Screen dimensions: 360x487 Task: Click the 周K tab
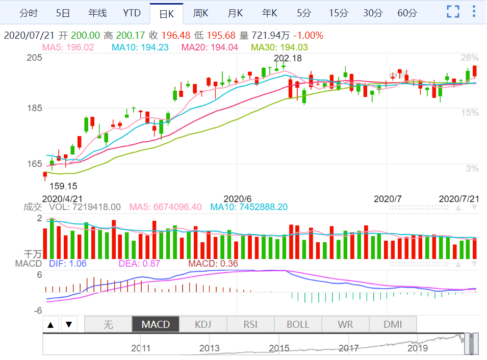(x=200, y=13)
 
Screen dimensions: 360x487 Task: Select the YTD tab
(x=132, y=13)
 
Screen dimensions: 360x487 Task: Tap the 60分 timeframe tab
(x=407, y=13)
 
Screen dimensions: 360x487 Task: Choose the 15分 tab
(x=338, y=13)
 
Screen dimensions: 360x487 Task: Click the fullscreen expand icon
(x=453, y=12)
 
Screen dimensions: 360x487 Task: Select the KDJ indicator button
(x=203, y=324)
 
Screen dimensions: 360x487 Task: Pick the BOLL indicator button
(x=298, y=324)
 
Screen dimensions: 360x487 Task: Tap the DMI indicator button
(x=393, y=324)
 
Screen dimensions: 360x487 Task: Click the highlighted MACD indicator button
(x=156, y=324)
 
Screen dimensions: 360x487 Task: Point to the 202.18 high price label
(x=288, y=58)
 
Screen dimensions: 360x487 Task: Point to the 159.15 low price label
(x=63, y=186)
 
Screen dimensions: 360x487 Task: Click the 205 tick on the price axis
(x=34, y=58)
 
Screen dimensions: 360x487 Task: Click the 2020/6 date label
(x=238, y=198)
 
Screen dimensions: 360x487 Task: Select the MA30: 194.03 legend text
(x=279, y=47)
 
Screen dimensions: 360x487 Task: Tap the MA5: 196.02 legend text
(x=68, y=47)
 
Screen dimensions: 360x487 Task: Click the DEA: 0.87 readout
(x=139, y=264)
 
